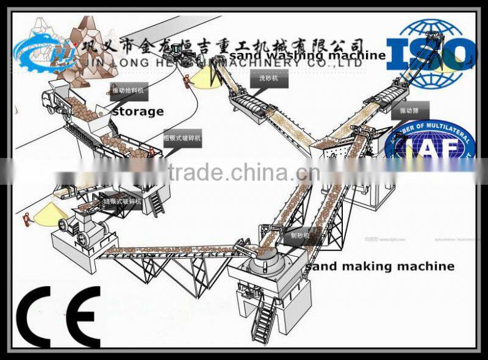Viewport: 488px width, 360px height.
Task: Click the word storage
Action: point(138,111)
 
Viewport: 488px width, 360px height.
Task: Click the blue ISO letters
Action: point(430,54)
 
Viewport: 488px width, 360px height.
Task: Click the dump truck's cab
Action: point(48,98)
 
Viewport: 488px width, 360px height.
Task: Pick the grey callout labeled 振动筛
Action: point(409,110)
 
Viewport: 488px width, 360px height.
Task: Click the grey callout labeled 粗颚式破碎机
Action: point(181,139)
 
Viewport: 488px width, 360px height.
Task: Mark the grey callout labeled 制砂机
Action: point(299,233)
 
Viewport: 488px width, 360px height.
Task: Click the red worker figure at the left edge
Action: point(26,217)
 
